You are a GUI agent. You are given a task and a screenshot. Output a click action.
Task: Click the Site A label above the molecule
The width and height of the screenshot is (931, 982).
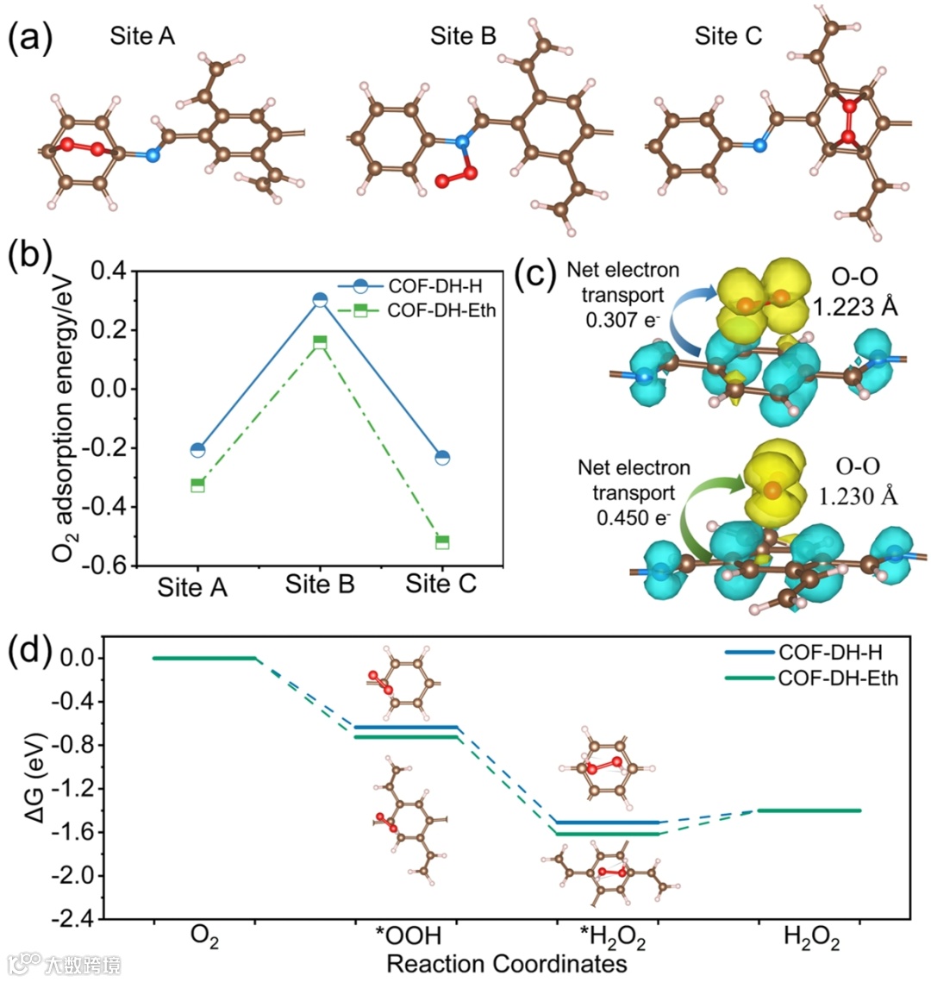point(142,37)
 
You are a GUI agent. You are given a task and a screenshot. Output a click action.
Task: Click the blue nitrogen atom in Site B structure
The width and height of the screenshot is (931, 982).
point(462,141)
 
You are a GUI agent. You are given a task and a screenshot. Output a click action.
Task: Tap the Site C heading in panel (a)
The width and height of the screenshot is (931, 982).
point(728,37)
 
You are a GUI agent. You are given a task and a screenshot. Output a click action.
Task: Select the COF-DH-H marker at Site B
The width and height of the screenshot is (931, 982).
point(320,300)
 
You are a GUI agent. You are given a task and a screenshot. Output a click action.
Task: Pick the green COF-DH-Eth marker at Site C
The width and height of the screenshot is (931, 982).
point(442,541)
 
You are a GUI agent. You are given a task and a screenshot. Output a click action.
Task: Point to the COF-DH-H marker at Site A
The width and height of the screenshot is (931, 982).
point(197,449)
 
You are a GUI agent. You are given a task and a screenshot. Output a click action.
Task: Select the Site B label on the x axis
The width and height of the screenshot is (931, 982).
point(320,585)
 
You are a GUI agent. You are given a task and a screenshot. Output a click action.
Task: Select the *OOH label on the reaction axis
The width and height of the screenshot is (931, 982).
point(408,936)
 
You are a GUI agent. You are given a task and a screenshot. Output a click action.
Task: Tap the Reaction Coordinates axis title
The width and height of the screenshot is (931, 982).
point(506,963)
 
